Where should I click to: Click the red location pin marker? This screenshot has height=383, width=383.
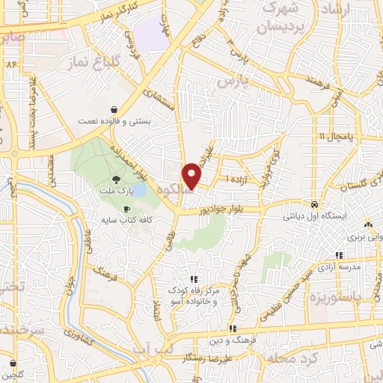click(x=193, y=176)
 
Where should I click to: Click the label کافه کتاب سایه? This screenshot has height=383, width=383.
click(x=128, y=221)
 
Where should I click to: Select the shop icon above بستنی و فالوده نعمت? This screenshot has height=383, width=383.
click(x=112, y=107)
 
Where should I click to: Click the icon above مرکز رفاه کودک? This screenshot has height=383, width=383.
click(x=194, y=280)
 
